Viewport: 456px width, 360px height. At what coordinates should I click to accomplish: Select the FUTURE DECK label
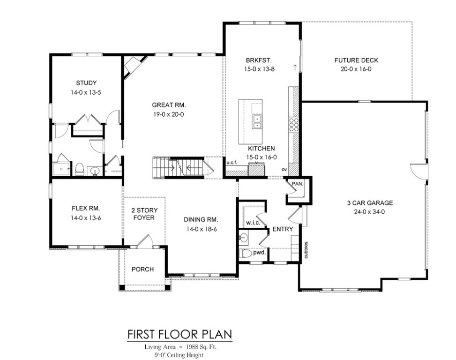356,60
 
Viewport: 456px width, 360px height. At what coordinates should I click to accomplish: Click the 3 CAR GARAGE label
370,203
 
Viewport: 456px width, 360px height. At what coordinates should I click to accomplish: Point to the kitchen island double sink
257,121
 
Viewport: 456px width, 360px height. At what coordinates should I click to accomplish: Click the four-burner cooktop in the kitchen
294,124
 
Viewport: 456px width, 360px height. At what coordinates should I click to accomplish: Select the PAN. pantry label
298,184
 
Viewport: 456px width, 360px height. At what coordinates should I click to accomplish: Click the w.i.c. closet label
253,222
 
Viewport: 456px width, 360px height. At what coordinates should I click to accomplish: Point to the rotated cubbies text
306,249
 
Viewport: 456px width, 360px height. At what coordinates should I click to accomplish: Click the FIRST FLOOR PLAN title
179,335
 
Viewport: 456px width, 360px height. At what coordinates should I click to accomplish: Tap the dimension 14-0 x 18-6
201,229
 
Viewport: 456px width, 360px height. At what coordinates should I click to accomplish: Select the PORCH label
142,269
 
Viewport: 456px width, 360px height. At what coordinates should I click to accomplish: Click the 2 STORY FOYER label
144,214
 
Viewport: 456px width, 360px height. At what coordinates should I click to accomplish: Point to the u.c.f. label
232,163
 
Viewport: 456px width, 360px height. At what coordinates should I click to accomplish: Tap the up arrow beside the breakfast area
294,67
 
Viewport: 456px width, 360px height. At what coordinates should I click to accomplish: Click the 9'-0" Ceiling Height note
179,355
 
